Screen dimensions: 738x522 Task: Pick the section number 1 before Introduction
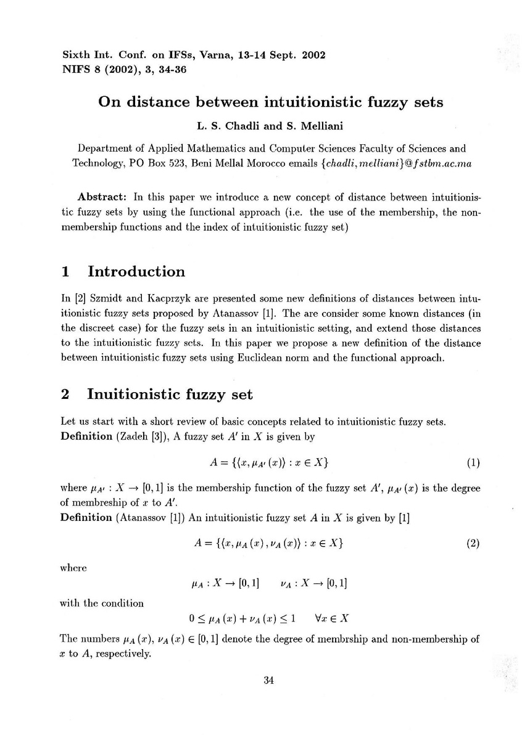[x=65, y=272]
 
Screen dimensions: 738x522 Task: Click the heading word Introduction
[x=136, y=272]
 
